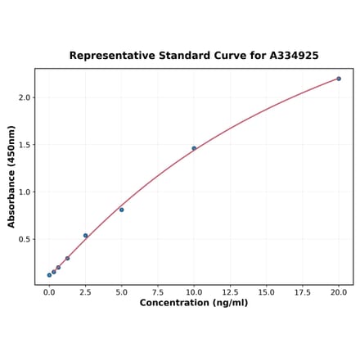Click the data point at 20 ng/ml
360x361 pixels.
339,79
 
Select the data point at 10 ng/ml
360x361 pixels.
194,148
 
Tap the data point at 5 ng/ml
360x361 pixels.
122,210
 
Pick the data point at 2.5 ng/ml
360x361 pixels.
85,236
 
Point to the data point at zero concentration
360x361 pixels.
49,275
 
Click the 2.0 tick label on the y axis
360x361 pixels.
24,97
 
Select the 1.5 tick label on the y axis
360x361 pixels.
24,145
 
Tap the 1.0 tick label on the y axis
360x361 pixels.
24,192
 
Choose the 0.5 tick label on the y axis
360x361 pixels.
24,240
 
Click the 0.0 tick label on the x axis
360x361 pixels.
49,291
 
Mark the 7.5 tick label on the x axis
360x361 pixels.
158,291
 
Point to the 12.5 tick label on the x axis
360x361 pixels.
230,291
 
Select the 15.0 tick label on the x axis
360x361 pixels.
266,291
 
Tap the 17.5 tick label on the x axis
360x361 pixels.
303,291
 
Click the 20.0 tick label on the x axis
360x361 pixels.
339,291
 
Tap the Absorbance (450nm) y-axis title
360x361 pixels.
11,177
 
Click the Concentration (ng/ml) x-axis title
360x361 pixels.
194,303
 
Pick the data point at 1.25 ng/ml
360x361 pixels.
67,259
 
